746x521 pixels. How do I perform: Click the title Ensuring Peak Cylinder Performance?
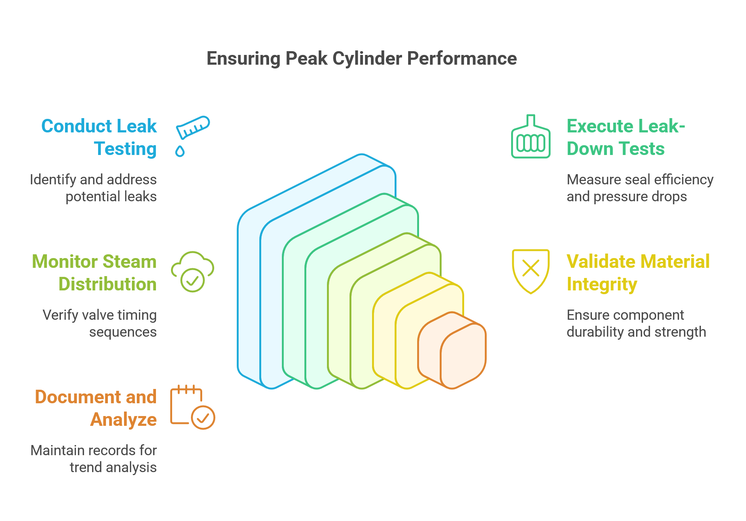coord(362,59)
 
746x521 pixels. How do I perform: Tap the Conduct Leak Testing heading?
coord(99,137)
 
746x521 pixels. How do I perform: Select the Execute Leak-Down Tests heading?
coord(626,137)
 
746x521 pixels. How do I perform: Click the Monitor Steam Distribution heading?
coord(94,273)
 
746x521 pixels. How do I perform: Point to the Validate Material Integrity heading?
coord(638,273)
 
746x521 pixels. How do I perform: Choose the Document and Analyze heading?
coord(95,408)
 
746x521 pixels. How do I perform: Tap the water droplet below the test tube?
coord(180,151)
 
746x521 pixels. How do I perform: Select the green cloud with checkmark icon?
coord(192,272)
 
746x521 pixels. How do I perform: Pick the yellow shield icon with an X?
coord(531,271)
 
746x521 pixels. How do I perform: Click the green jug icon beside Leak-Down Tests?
coord(531,136)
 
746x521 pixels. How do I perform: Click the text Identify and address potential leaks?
coord(93,188)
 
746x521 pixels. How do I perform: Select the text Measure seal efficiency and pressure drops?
coord(640,188)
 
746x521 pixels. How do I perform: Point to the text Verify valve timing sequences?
coord(100,324)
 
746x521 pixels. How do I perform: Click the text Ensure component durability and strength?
coord(636,324)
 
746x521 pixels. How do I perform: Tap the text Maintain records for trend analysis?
coord(94,459)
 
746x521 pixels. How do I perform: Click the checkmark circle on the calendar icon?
coord(203,418)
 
